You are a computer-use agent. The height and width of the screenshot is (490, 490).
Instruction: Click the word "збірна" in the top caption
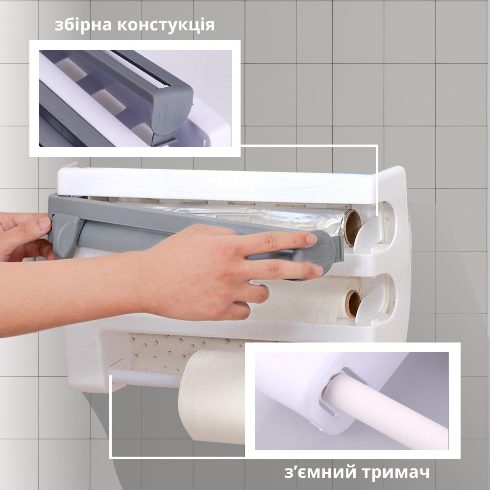point(83,25)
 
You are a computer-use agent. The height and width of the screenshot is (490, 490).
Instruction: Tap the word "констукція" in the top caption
point(166,25)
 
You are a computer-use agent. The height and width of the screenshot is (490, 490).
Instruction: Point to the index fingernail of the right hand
point(312,239)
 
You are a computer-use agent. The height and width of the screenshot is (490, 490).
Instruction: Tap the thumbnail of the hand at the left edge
point(45,223)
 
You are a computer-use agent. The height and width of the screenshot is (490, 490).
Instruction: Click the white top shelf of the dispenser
point(216,184)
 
